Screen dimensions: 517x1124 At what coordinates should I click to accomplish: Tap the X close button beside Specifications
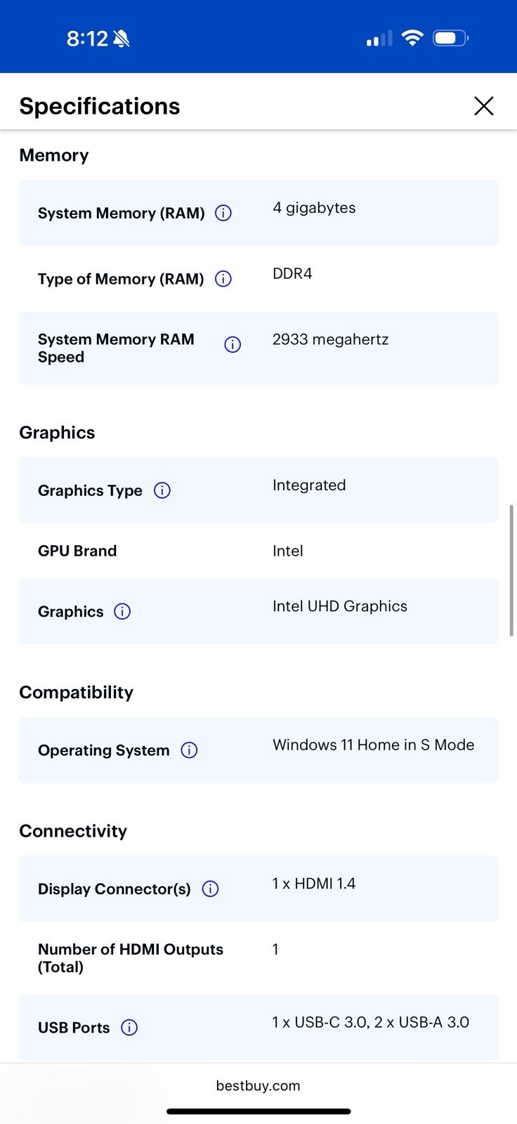pos(484,106)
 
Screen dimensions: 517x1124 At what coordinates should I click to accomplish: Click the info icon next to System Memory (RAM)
pos(223,213)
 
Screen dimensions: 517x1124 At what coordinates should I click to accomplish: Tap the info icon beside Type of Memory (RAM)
pos(223,278)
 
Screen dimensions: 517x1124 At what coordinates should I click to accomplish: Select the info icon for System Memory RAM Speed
pos(233,344)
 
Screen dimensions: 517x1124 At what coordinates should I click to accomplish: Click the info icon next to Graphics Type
pos(162,490)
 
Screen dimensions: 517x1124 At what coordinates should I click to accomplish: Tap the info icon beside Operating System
pos(189,750)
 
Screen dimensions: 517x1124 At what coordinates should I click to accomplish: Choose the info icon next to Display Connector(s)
pos(210,889)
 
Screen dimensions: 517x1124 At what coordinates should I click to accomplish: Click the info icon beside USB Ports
pos(129,1027)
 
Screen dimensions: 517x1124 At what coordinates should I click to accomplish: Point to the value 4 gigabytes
pos(314,208)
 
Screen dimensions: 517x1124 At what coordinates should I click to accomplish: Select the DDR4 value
pos(292,273)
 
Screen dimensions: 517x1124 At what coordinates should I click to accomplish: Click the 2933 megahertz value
pos(330,340)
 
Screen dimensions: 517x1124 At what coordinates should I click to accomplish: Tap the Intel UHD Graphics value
pos(340,606)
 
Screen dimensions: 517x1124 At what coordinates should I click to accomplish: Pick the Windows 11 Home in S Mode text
pos(374,745)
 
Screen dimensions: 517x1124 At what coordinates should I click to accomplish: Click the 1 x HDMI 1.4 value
pos(314,883)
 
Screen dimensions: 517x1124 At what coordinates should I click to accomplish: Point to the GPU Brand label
pos(77,551)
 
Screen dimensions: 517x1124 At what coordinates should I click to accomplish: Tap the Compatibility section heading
pos(77,693)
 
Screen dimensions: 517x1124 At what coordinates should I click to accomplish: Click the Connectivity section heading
pos(73,831)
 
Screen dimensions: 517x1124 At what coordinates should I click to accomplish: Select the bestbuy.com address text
pos(258,1085)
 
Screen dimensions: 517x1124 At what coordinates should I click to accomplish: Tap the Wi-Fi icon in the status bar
pos(412,38)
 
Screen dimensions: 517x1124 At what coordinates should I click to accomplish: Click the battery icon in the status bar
pos(451,38)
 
